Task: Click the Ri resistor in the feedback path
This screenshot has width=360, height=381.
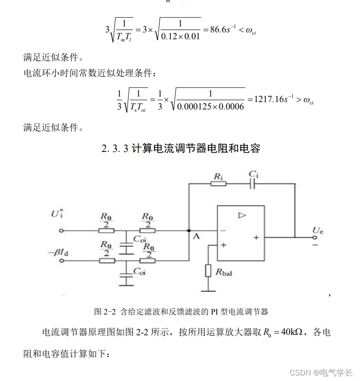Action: [218, 183]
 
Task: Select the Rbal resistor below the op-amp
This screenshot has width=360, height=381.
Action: [208, 271]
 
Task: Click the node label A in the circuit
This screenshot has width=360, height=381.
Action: [196, 237]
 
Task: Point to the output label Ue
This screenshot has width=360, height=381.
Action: [318, 230]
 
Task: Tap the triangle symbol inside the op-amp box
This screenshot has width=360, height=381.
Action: [242, 215]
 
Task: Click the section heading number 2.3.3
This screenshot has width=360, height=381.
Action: [115, 149]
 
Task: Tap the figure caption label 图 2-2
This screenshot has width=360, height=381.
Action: [104, 312]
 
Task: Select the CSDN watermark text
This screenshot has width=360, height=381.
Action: [300, 372]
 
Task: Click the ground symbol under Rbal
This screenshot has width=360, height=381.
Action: [208, 291]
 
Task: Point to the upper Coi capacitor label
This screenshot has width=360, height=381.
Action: [140, 239]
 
